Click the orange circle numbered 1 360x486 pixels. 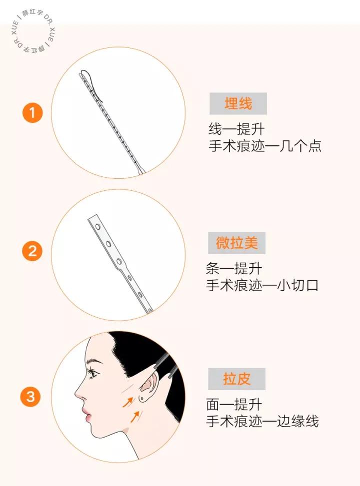point(32,113)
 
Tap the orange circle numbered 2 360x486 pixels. point(32,252)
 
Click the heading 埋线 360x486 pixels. point(238,103)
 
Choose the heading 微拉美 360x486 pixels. point(236,243)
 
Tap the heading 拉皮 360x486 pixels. point(236,379)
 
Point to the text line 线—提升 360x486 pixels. point(236,129)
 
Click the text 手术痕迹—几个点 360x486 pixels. point(264,147)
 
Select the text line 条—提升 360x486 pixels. point(233,269)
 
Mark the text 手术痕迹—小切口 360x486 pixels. point(262,286)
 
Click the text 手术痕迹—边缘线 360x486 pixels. point(262,421)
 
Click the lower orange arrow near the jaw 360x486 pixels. point(135,415)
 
